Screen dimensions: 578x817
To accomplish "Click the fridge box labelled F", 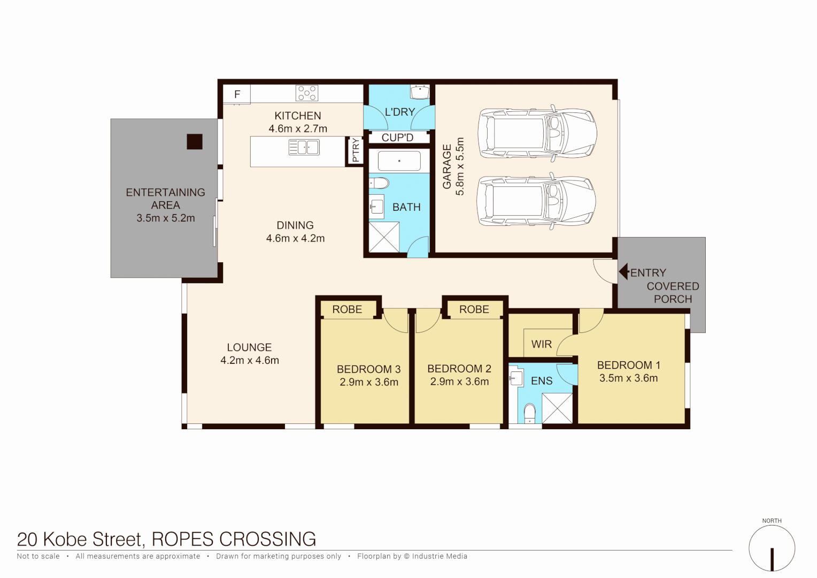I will (x=237, y=94).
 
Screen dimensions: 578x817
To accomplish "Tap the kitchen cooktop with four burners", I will (x=307, y=93).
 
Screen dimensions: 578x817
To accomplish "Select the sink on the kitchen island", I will (x=304, y=147).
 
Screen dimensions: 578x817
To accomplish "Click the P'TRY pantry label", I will (x=356, y=150).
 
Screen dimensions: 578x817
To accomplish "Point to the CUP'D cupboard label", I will (x=397, y=138).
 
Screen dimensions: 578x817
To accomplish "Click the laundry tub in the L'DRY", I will (x=420, y=92).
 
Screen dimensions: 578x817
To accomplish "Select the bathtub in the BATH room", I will (x=399, y=161).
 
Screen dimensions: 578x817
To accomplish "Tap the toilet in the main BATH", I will (x=379, y=184).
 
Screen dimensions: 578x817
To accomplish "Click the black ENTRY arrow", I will (x=623, y=272).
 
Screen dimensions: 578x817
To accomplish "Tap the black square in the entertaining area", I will (x=195, y=141).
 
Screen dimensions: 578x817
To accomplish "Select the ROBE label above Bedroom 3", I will (x=347, y=309).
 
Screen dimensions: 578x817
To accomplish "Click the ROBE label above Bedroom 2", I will (x=474, y=309).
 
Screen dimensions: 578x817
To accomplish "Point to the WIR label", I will (x=541, y=344).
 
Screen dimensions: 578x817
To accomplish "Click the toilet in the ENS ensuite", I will (x=529, y=413).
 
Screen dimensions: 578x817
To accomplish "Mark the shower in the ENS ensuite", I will (x=557, y=408).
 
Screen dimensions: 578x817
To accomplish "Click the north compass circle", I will (x=772, y=549).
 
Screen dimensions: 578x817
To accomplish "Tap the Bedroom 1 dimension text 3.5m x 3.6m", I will (x=628, y=378).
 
